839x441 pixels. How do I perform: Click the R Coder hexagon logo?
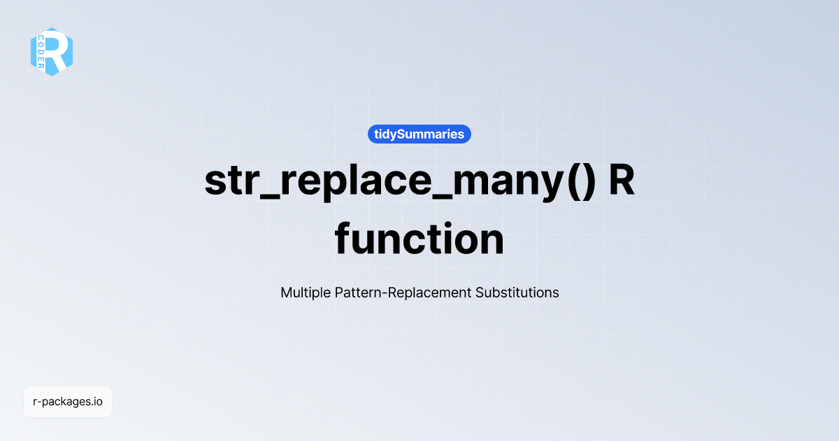52,52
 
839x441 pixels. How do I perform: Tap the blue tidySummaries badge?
419,134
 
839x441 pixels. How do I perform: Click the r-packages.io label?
68,402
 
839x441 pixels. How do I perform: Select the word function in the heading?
419,239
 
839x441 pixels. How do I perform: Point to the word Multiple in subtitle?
304,293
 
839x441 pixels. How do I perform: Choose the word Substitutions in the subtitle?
517,293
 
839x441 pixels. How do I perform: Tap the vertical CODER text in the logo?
41,52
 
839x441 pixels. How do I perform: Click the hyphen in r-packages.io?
40,402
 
